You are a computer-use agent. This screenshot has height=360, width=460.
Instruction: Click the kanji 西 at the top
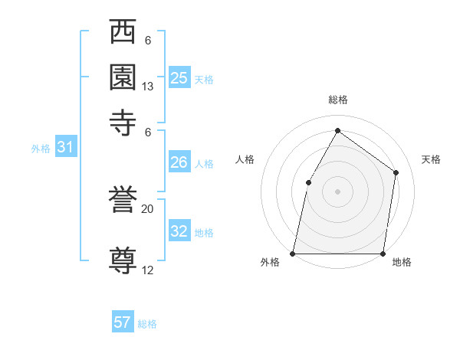coord(123,33)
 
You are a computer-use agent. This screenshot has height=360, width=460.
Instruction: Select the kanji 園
coord(123,77)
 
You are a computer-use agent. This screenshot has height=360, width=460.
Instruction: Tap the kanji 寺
coord(123,123)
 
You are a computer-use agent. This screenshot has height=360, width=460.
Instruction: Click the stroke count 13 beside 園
coord(148,87)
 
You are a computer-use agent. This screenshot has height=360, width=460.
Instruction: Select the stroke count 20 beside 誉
coord(148,209)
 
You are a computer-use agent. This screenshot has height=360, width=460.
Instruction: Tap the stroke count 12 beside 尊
coord(148,270)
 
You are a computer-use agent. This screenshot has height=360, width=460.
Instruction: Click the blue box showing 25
coord(179,77)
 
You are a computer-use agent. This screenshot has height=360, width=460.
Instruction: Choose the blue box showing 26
coord(179,162)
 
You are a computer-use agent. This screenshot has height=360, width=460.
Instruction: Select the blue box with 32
coord(179,231)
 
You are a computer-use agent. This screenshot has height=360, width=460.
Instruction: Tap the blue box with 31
coord(65,148)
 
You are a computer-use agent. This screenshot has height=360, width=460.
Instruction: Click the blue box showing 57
coord(123,322)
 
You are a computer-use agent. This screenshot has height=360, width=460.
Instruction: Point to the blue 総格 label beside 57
coord(147,324)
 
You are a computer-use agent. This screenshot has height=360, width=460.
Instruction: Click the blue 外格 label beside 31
coord(41,149)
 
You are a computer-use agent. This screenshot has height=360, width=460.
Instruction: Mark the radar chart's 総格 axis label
coord(337,100)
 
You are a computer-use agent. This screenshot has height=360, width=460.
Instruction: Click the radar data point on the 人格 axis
coord(308,182)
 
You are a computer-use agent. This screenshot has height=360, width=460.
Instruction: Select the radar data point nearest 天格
coord(396,172)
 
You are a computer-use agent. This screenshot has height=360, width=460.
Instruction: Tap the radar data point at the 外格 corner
coord(293,253)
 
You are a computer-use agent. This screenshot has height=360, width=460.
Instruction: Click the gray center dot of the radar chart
coord(337,191)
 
